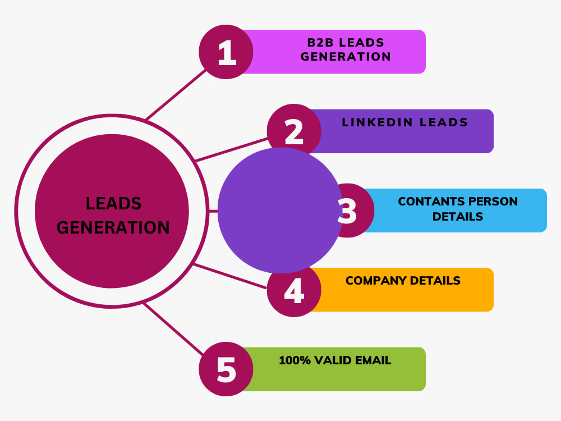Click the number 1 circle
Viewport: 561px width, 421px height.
226,52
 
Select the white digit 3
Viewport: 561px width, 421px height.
348,211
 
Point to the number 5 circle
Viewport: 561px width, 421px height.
226,369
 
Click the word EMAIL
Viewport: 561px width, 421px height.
371,360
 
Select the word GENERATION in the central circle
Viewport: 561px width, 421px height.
113,227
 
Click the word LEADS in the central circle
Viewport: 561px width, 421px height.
113,203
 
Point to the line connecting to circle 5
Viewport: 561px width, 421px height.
172,328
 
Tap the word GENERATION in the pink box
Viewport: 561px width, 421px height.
346,57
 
